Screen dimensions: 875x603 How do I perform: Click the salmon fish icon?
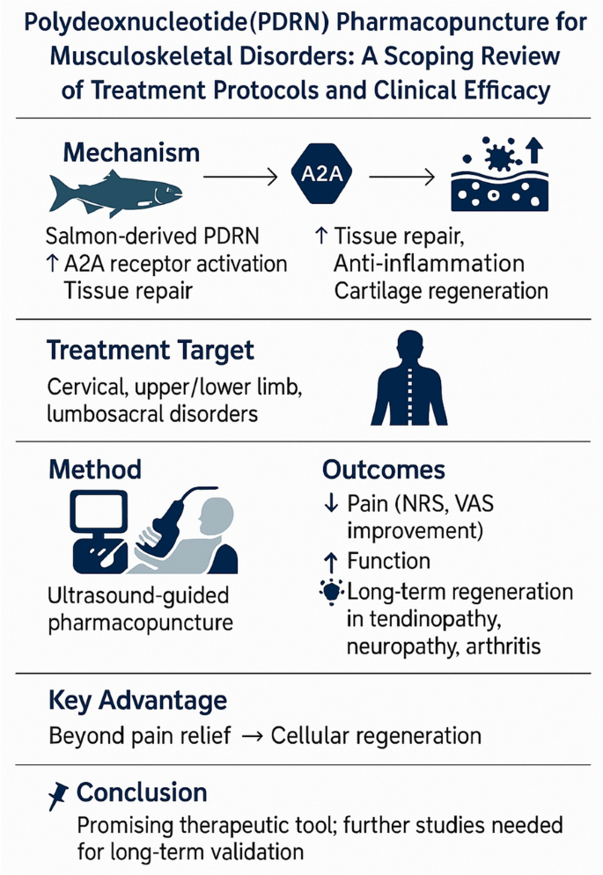115,192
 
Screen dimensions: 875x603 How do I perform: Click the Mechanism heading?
131,152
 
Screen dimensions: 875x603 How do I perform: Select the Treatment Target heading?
151,350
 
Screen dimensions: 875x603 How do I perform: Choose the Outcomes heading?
383,469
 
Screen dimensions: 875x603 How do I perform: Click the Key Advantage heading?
136,701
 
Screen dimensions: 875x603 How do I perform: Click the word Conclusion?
142,792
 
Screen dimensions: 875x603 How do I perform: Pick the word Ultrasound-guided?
138,595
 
